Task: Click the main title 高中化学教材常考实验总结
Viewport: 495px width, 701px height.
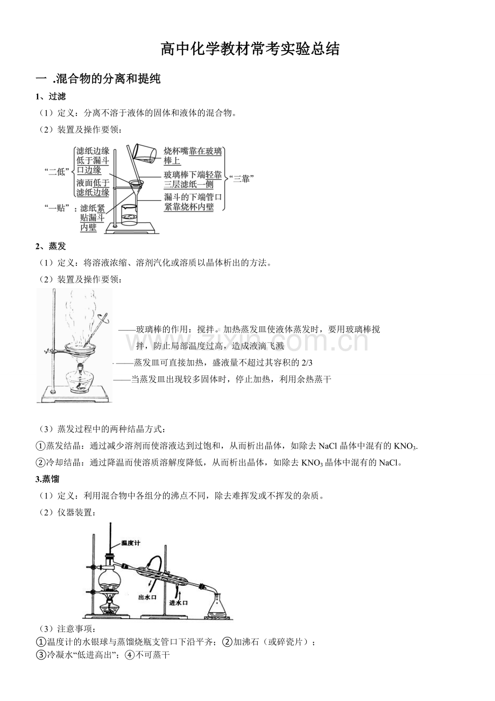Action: [250, 49]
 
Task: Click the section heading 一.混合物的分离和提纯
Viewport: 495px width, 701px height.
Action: [98, 79]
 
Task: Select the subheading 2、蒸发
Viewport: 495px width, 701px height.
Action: [51, 246]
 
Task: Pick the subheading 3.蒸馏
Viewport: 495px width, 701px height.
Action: [47, 479]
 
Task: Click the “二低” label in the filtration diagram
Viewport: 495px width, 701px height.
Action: [56, 172]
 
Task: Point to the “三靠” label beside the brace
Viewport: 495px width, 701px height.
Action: [242, 179]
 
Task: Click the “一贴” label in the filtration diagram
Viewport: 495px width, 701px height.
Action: [56, 208]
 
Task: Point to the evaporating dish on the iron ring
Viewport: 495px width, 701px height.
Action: [80, 348]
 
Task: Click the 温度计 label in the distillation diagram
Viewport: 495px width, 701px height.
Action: [130, 543]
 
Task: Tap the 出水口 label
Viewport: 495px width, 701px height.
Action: [147, 597]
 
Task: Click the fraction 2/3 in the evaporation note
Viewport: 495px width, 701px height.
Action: [307, 363]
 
